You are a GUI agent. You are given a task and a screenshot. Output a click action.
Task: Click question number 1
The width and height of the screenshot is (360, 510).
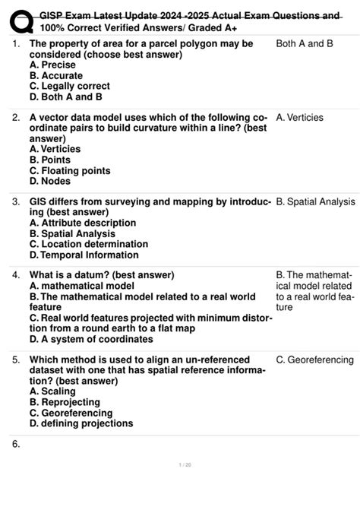click(x=16, y=44)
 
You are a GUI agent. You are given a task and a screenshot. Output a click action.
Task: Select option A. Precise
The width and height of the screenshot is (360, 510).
click(x=52, y=65)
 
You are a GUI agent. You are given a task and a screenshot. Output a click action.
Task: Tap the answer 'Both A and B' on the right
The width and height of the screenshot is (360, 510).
click(x=305, y=44)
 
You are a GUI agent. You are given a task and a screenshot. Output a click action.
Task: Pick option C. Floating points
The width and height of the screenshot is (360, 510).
click(x=70, y=171)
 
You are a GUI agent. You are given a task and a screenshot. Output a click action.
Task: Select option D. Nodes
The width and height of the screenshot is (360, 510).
click(x=50, y=182)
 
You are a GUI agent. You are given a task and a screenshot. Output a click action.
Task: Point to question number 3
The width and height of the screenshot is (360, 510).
click(x=16, y=202)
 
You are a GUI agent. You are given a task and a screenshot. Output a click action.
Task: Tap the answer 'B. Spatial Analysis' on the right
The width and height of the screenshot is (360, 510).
click(x=315, y=202)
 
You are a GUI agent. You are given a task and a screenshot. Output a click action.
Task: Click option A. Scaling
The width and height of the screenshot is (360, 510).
click(x=53, y=391)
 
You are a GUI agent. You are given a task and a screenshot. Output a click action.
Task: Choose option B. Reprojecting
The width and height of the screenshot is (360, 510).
click(x=65, y=402)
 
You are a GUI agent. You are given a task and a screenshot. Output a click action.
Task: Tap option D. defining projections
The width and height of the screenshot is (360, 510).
click(x=81, y=423)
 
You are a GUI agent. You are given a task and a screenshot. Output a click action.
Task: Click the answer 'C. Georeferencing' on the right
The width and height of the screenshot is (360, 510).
click(x=314, y=360)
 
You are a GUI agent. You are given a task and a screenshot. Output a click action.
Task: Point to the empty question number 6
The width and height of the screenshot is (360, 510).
click(x=16, y=444)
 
